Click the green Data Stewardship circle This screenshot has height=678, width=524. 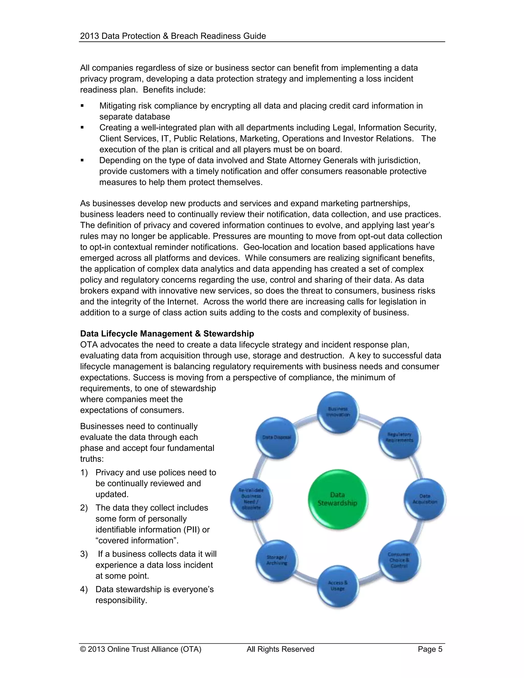tap(337, 499)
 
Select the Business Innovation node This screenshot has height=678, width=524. tap(338, 412)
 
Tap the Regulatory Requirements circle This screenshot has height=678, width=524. tap(399, 438)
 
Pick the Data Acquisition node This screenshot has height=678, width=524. tap(425, 499)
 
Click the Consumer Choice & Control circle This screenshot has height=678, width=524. tap(399, 560)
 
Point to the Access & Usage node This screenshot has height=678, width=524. tap(338, 586)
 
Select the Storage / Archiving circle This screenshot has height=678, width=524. tap(277, 560)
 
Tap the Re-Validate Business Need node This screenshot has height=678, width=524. tap(251, 499)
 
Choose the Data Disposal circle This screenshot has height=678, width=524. tap(277, 438)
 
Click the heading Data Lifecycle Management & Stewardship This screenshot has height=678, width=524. tap(167, 334)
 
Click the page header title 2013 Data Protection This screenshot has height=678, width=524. tap(173, 36)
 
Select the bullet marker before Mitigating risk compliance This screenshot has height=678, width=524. tap(82, 106)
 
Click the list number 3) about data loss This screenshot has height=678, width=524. tap(84, 554)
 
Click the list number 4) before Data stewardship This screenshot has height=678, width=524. tap(84, 589)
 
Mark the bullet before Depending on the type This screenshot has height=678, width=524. tap(82, 160)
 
